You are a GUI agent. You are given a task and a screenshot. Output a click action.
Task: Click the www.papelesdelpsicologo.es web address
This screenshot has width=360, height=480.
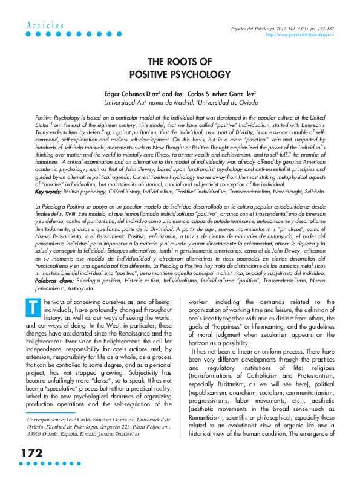300,35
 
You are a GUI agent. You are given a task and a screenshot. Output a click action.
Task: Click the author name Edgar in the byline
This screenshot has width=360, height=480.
113,95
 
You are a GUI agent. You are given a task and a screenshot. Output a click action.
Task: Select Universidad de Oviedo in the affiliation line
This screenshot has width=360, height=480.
232,104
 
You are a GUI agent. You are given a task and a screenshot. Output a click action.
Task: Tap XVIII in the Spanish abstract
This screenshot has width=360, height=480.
57,213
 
